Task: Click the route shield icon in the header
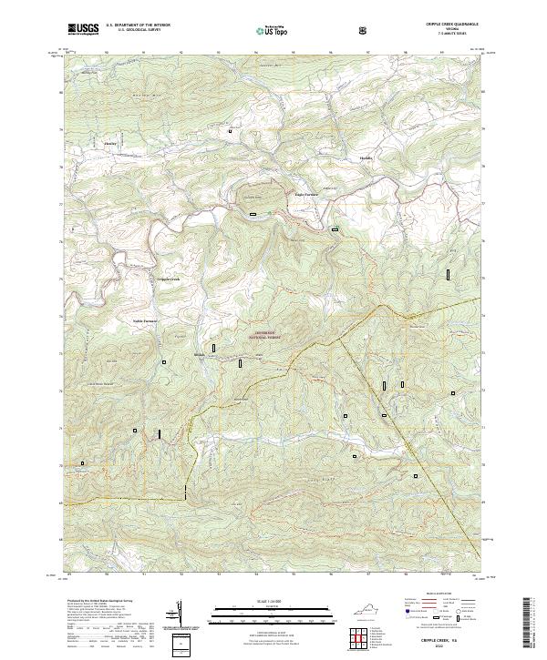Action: tap(364, 30)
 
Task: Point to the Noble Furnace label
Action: tap(146, 320)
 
